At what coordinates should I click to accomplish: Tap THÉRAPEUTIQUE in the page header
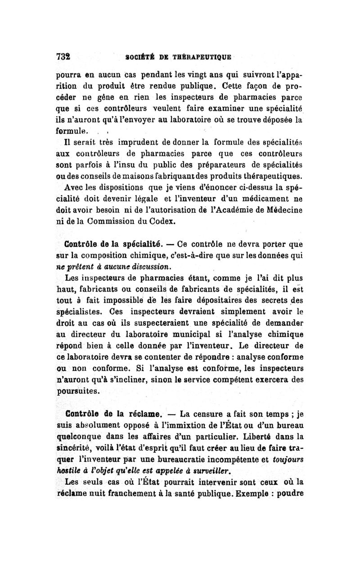202,58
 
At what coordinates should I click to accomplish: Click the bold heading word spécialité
134,245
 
